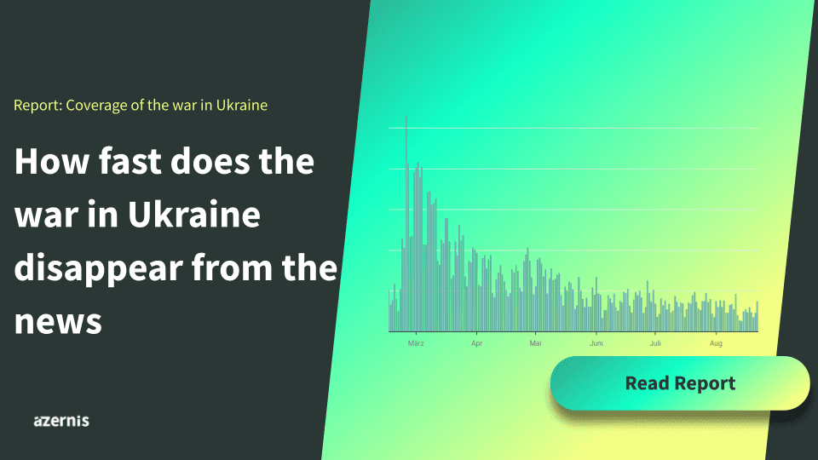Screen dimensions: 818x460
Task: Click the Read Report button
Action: [680, 383]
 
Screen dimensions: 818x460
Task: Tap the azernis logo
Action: [61, 421]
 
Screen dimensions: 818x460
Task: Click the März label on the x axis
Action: [416, 343]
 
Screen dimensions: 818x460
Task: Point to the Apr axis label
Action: [476, 343]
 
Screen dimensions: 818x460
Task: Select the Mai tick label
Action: [535, 343]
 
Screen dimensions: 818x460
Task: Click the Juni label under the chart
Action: [596, 343]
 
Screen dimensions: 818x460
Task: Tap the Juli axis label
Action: [655, 343]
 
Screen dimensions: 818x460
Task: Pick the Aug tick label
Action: [716, 343]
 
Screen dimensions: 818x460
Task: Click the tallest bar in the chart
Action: [406, 224]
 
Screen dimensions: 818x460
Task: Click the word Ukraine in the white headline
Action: [194, 214]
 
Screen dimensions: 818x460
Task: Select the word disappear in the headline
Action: [99, 268]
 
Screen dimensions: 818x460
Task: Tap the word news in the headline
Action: [58, 322]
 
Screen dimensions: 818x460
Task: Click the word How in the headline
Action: [52, 161]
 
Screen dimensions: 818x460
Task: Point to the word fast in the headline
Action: [130, 161]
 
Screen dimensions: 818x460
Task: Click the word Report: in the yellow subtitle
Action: [38, 106]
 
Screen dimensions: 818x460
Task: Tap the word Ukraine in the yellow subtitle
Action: [241, 105]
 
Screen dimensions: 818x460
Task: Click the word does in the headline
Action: [210, 161]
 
